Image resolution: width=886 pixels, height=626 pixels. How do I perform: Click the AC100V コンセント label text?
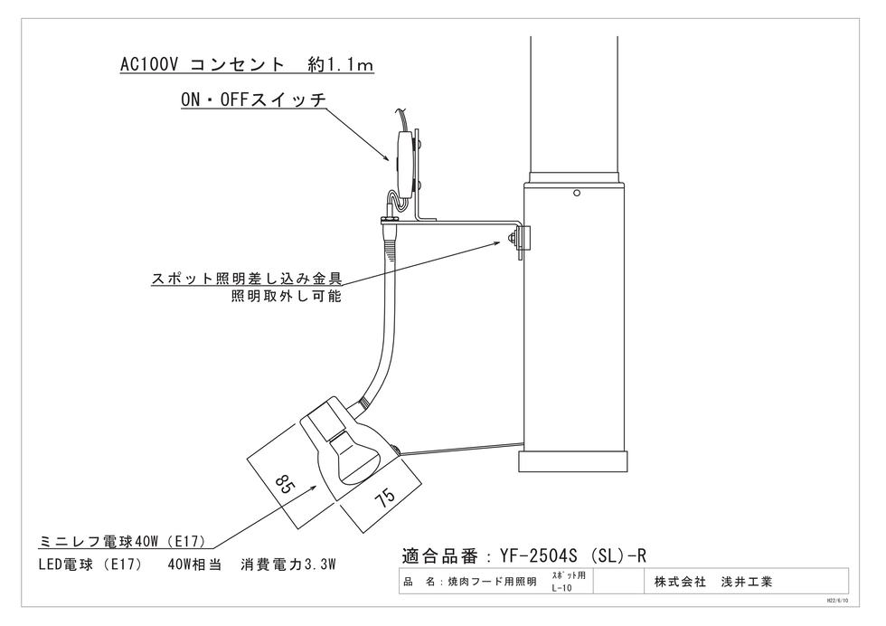coord(247,65)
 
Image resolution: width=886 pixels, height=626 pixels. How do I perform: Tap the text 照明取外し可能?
coord(287,297)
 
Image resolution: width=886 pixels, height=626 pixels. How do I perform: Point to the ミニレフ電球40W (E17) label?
coord(123,542)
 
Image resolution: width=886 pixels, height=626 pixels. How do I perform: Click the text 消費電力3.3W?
coord(288,564)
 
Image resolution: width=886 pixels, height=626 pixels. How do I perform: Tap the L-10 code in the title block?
coord(560,588)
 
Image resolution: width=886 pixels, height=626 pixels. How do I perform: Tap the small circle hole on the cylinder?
coord(576,193)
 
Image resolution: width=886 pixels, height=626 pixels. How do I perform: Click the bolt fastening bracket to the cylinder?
coord(514,240)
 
